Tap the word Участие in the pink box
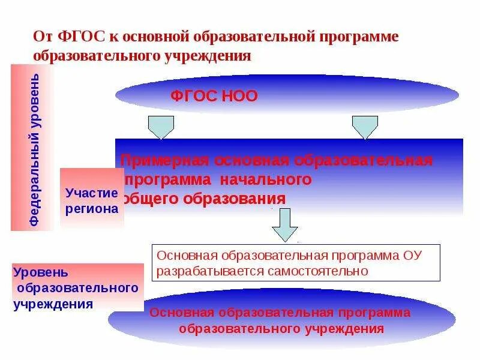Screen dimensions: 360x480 click(92, 193)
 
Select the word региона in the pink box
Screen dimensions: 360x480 click(92, 209)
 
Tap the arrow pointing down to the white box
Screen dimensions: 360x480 click(285, 225)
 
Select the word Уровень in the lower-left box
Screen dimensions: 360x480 click(36, 272)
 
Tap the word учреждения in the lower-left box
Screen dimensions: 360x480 click(53, 304)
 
